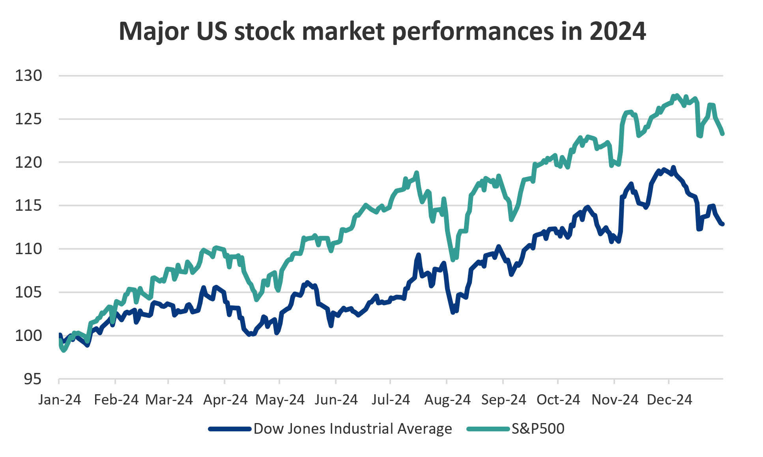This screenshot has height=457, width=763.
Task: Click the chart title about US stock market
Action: click(382, 31)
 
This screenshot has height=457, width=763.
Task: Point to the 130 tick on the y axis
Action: click(28, 75)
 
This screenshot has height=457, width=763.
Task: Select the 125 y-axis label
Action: click(28, 119)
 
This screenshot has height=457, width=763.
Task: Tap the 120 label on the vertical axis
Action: click(28, 162)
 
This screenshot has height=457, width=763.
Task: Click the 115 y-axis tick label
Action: click(28, 206)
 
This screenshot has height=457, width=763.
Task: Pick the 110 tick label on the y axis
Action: click(28, 249)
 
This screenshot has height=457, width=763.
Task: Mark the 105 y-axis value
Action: click(28, 292)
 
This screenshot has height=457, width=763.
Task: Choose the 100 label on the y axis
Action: click(28, 336)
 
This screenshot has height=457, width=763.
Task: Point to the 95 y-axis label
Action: click(32, 379)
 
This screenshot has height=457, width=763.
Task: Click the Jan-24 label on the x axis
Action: click(60, 400)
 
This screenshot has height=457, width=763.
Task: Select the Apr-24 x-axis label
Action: click(225, 400)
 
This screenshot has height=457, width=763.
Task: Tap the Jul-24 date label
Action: click(391, 400)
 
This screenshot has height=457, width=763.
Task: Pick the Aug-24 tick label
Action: click(447, 400)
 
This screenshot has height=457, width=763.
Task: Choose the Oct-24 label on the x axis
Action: click(558, 400)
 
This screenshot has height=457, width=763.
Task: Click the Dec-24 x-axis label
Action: click(669, 400)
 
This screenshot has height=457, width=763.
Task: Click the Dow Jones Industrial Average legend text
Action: click(353, 429)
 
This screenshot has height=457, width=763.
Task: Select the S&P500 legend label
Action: click(538, 429)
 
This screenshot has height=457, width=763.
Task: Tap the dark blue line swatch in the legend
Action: click(230, 429)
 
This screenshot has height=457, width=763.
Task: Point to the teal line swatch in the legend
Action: click(488, 429)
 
